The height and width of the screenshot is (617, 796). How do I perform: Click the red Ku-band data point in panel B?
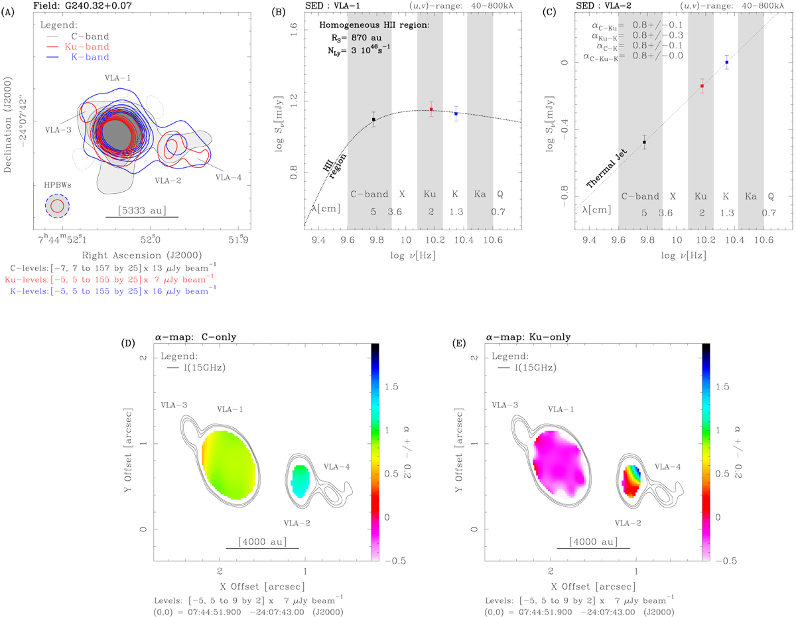click(431, 109)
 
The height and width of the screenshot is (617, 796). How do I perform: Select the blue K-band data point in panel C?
click(727, 62)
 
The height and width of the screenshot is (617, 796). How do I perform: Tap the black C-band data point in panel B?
click(373, 119)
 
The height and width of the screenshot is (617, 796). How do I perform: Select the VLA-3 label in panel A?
click(58, 130)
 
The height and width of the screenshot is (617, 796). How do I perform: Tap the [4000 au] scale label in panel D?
click(262, 542)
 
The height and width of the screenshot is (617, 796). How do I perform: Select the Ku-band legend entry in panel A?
click(88, 47)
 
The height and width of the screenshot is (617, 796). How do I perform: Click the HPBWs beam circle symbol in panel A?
click(57, 206)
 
